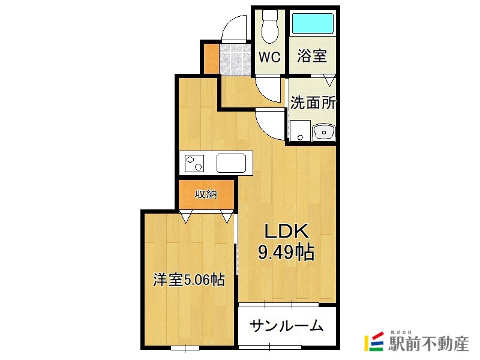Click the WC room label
269,57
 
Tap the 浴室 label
312,56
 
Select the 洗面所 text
313,103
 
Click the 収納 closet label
206,194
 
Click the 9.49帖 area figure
286,253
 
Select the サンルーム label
287,326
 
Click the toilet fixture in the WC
270,27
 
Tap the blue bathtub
313,25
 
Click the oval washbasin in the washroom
324,130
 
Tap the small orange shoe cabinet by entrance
210,58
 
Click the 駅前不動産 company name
428,344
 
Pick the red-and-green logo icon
374,342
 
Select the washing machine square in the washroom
298,131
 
